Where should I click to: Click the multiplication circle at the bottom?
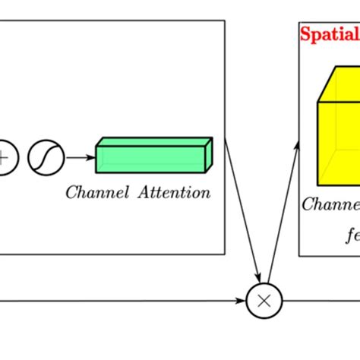(264, 301)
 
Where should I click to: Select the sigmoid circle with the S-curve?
(46, 158)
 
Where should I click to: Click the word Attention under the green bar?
(174, 192)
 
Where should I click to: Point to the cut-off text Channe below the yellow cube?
(331, 204)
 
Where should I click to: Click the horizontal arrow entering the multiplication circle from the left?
(122, 301)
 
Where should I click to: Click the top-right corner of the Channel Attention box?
(225, 21)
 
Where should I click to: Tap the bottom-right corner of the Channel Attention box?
(225, 254)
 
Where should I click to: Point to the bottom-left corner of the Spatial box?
(299, 254)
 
